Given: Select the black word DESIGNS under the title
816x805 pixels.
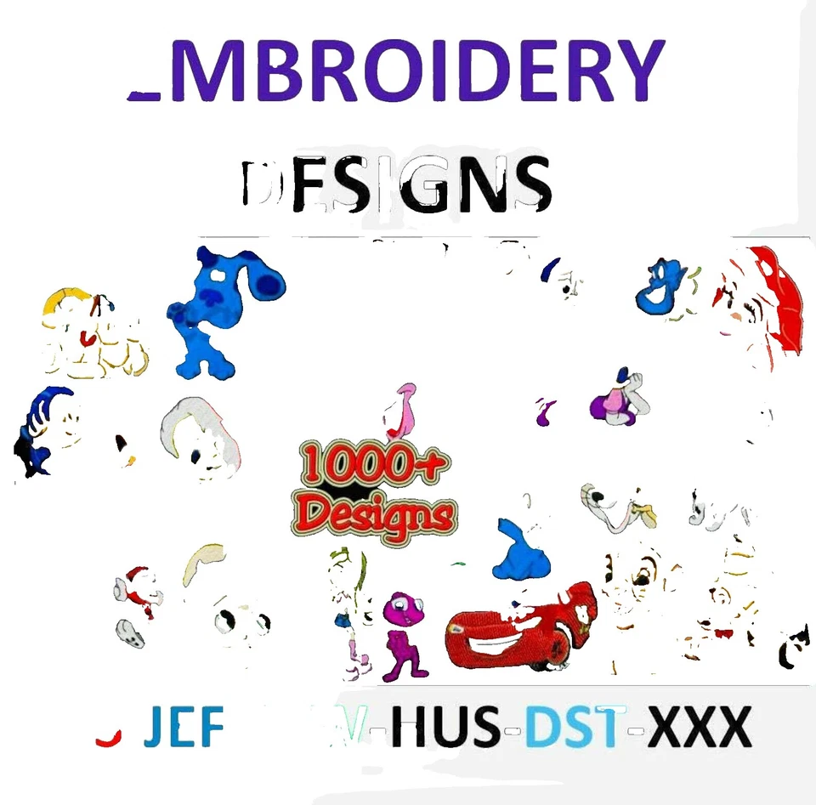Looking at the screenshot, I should point(395,185).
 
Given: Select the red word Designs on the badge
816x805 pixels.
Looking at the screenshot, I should point(377,513).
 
